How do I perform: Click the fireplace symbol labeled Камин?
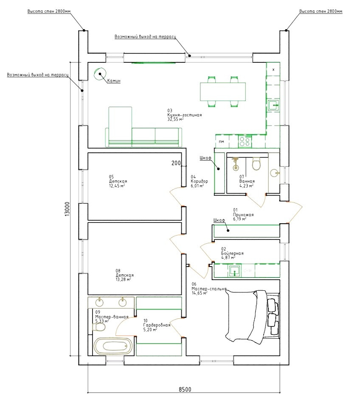pos(99,73)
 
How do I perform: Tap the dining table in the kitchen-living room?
pos(223,91)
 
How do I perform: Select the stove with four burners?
pos(245,141)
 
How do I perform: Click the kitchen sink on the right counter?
pos(273,105)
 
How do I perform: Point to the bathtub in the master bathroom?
pos(112,346)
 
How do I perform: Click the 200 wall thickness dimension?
pos(176,163)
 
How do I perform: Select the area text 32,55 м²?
pos(176,119)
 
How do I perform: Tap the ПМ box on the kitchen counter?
pos(221,141)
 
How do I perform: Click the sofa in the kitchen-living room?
pos(143,132)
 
